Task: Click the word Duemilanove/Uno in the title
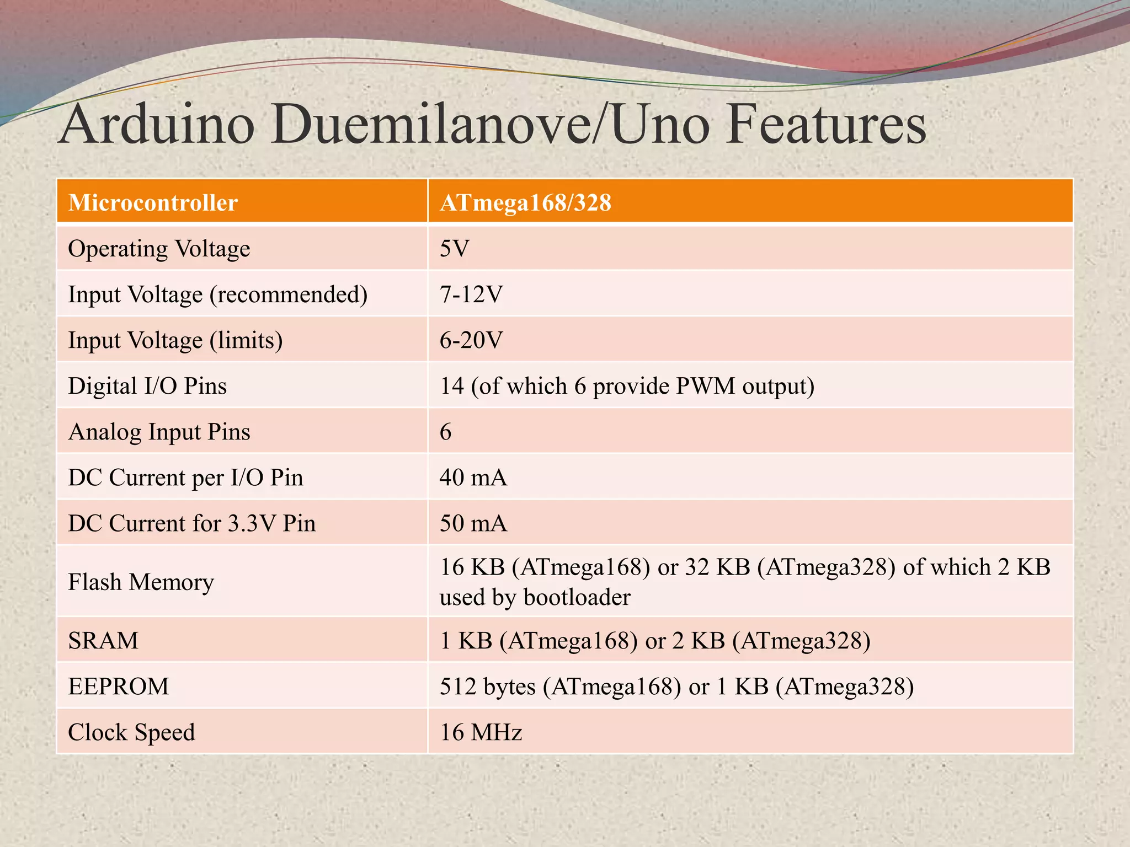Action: (489, 125)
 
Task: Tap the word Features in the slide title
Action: (825, 125)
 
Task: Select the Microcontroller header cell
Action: (153, 202)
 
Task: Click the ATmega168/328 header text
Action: (525, 202)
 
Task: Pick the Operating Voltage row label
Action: (159, 249)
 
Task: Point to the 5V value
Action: (454, 249)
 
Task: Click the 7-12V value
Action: (471, 294)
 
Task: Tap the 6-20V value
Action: (471, 340)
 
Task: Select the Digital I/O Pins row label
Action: (147, 386)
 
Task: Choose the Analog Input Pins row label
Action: (159, 432)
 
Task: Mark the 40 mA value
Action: (473, 478)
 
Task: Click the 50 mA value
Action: (473, 523)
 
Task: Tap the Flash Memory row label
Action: (141, 582)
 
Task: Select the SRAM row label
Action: (103, 641)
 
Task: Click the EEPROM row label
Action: (119, 687)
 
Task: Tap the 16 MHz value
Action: (481, 732)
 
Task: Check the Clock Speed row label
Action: (131, 732)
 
